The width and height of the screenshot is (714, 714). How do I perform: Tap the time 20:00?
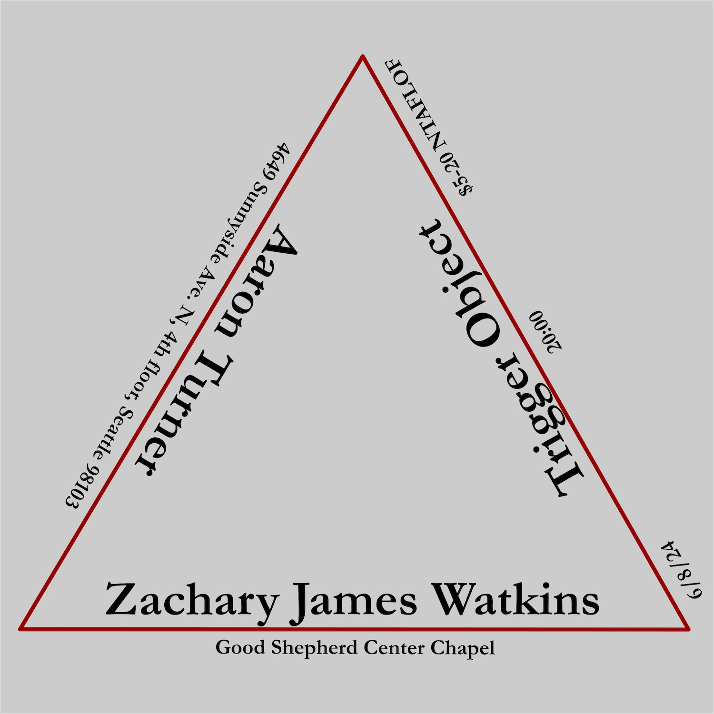545,332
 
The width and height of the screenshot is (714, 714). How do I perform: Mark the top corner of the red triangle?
363,57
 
